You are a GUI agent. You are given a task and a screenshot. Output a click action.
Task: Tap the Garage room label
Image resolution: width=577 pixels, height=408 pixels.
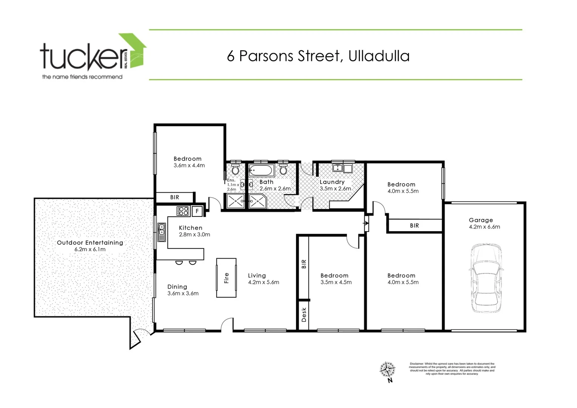coord(481,220)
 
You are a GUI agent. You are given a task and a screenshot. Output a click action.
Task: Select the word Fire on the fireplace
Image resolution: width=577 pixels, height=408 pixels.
coord(226,278)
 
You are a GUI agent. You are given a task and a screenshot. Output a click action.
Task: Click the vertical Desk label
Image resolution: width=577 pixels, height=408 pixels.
coord(304,315)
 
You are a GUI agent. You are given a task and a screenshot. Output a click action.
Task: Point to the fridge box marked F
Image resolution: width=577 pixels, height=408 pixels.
coord(197,211)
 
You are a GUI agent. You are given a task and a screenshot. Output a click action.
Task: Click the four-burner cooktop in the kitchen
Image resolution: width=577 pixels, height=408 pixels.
coord(183,211)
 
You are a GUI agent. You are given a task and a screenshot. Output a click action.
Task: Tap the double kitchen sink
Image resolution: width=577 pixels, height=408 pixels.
coord(162,232)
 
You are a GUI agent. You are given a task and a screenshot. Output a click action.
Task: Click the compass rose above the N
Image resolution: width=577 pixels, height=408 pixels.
coord(387,369)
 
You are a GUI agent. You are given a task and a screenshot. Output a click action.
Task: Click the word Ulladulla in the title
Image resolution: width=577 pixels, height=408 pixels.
coord(379,56)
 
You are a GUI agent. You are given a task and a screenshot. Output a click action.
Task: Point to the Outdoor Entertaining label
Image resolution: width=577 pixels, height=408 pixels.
coord(90,243)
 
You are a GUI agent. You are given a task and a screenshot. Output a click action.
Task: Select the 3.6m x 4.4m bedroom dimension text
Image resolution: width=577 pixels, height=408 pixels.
coord(189,165)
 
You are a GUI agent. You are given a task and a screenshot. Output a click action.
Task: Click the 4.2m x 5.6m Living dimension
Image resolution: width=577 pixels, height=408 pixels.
coord(264,282)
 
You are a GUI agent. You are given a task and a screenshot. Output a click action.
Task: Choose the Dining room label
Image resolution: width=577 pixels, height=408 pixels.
coord(177,287)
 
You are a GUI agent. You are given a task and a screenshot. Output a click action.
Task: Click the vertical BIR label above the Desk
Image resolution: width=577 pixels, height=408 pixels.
coord(304,264)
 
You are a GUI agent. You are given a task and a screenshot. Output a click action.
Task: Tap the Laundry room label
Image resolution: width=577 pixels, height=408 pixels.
coord(332,182)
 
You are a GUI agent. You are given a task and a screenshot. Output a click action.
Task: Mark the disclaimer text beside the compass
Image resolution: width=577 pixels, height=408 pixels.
coord(452,369)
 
